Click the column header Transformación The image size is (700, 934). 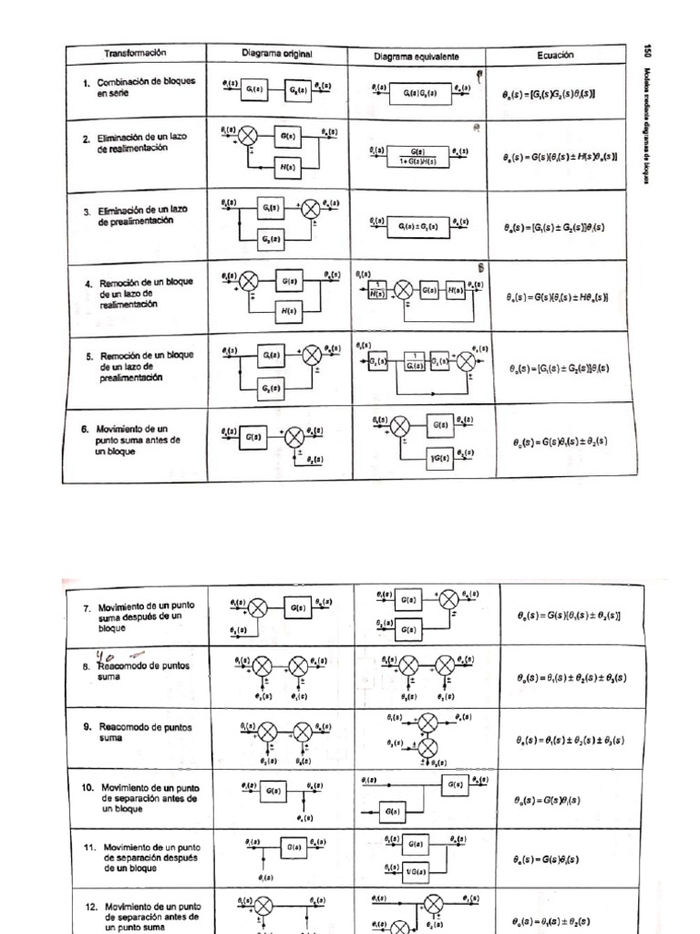pos(134,53)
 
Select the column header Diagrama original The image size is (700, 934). pos(277,54)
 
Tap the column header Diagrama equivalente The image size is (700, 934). pos(416,56)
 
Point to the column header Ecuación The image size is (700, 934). pos(555,55)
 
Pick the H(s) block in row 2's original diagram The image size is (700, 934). pos(287,168)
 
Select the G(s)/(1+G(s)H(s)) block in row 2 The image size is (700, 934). pos(417,156)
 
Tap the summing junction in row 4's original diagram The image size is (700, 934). pos(249,281)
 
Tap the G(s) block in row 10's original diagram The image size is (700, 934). pos(273,794)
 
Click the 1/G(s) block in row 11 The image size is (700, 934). pos(414,869)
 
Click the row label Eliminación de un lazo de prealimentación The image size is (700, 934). pos(141,216)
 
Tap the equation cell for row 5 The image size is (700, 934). pos(559,369)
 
